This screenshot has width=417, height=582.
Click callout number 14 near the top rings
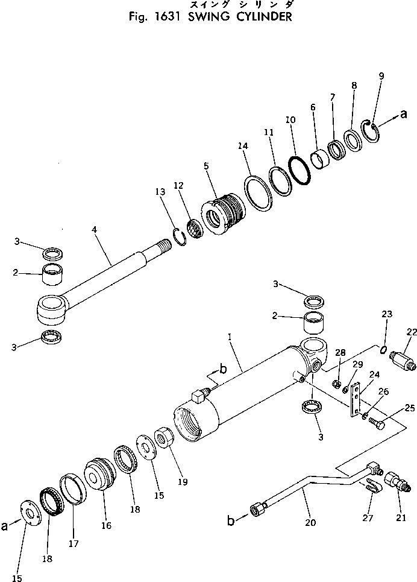tap(243, 146)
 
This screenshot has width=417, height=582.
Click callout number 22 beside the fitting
tap(412, 331)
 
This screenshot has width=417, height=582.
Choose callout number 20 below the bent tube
tap(310, 523)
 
